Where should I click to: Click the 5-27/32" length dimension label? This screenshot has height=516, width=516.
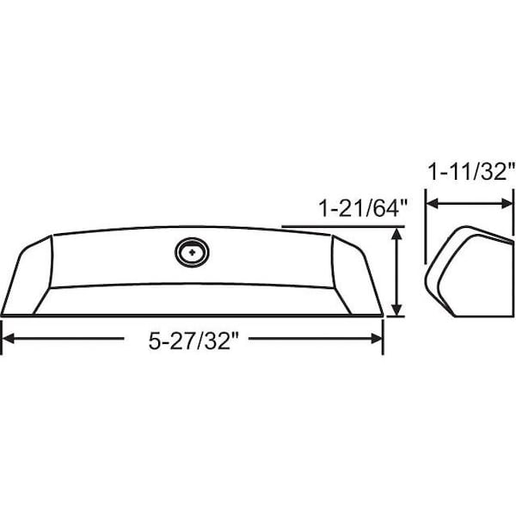coord(192,341)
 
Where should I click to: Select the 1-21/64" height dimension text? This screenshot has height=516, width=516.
coord(360,209)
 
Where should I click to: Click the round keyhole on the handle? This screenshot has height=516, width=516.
coord(189,252)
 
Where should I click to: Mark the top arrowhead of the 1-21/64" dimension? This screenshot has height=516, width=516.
coord(397,235)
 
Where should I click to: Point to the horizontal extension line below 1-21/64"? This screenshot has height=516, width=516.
coord(344,227)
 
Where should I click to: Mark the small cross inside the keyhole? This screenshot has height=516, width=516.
coord(189,252)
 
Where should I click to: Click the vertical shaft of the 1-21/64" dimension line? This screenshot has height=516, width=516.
coord(397,273)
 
